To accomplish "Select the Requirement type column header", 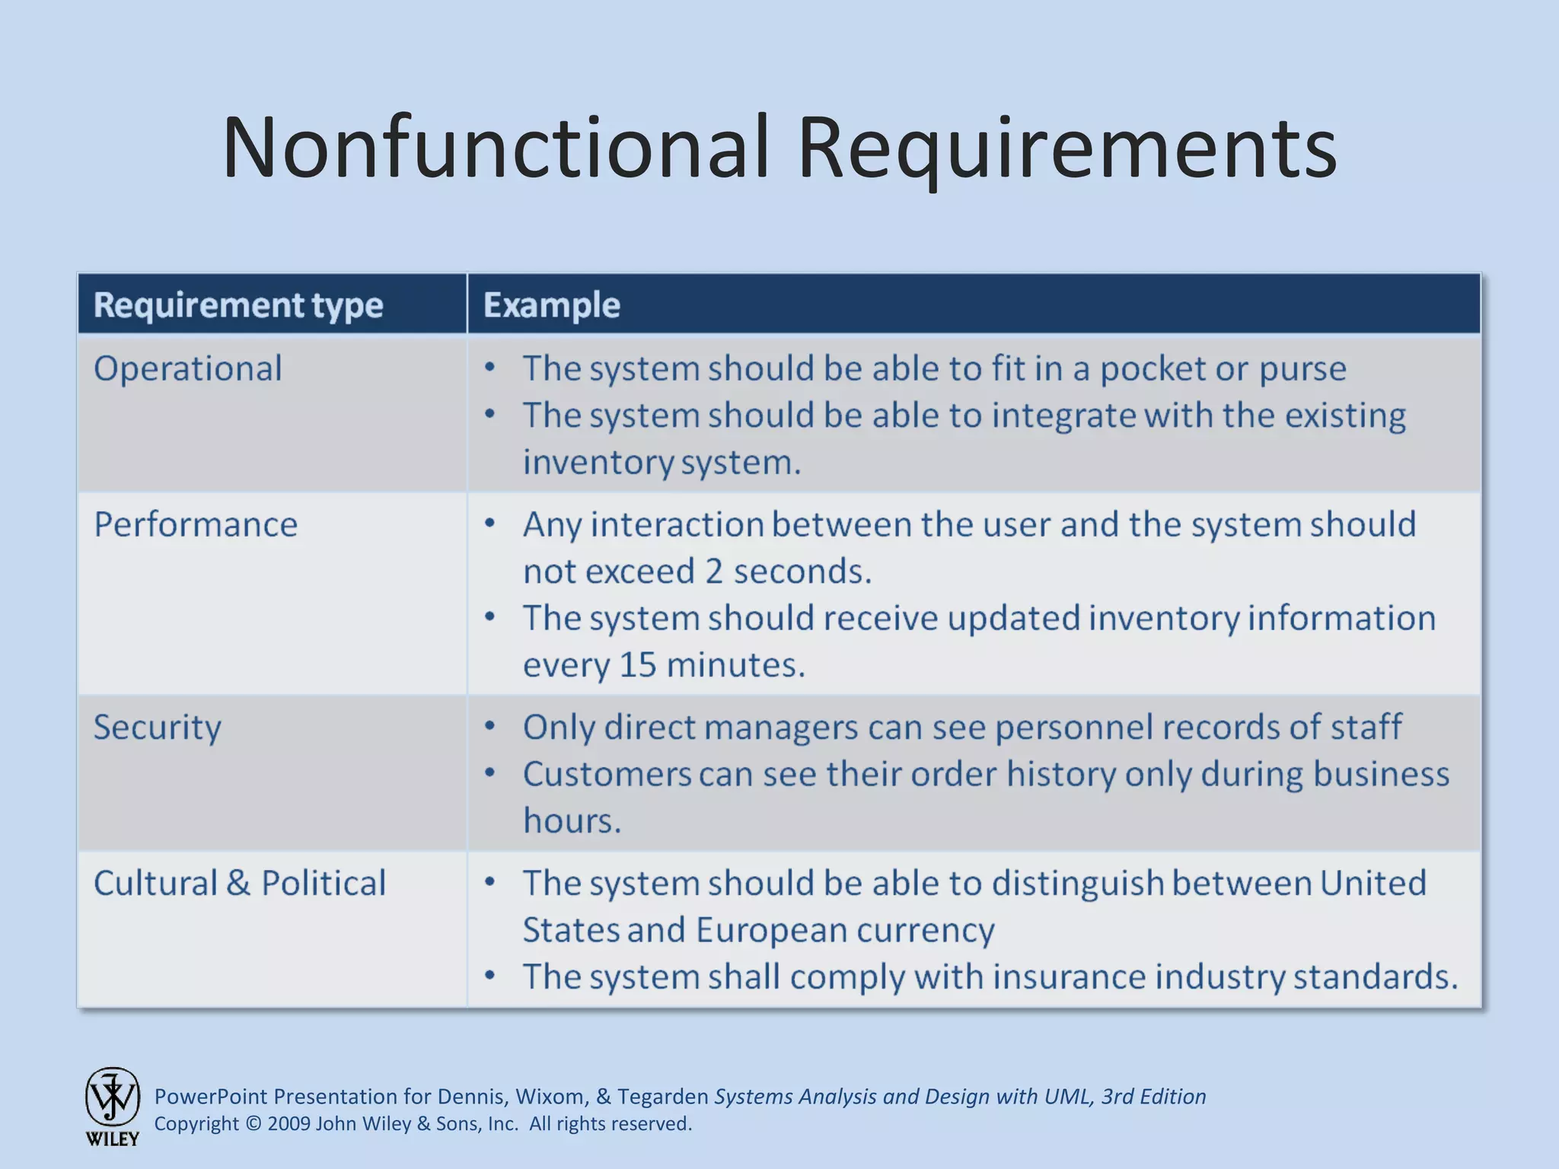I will click(238, 305).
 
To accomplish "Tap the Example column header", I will click(552, 305).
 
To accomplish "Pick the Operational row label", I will click(188, 369).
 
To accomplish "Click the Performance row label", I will click(196, 525).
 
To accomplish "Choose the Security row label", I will click(158, 728).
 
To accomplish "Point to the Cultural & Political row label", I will click(240, 884).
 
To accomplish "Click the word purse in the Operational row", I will click(1302, 369).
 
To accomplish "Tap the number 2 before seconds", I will click(713, 572).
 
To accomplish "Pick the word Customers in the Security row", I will click(607, 775).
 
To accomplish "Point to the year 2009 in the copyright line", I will click(289, 1124).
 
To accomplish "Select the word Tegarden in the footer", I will click(662, 1097).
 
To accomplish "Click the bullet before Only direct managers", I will click(490, 726).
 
